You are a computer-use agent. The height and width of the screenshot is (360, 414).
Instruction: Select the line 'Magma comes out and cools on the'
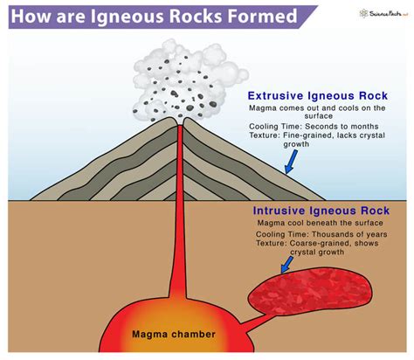316,109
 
